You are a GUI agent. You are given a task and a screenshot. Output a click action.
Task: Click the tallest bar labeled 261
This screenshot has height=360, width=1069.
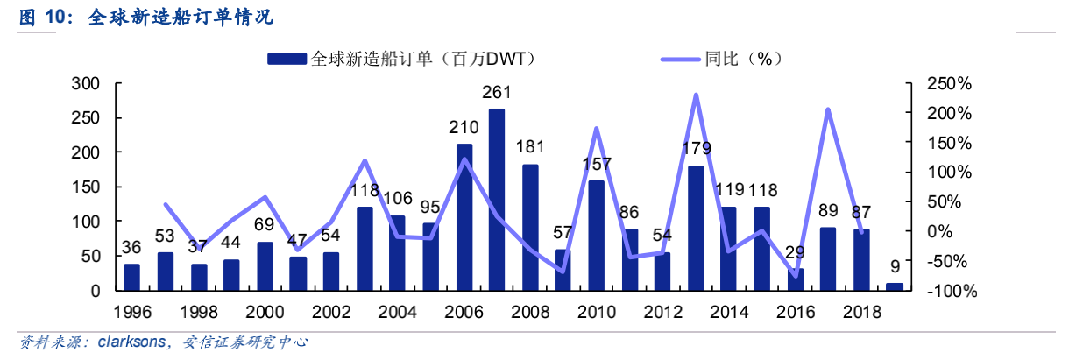pos(497,200)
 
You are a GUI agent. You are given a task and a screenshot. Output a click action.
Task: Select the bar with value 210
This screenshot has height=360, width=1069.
pos(464,217)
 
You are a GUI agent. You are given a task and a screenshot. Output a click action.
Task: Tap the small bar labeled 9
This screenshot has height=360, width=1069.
pos(895,286)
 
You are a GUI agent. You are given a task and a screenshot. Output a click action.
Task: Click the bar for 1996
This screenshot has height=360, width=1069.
pos(131,277)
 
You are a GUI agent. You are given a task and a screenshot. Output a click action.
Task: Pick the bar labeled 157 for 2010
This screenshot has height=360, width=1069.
pos(597,236)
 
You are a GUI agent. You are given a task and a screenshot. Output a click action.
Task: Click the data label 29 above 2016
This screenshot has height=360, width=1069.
pos(795,252)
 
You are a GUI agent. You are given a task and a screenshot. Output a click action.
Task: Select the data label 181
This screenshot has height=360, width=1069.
pos(531,146)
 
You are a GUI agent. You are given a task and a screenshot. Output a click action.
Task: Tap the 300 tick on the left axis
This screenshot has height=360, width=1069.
pos(88,84)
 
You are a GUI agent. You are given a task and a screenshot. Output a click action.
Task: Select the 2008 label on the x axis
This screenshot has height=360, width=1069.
pos(530,312)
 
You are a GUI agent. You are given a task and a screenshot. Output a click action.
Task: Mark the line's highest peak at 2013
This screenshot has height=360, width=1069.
pos(696,95)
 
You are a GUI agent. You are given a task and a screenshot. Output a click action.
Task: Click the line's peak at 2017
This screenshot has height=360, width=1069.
pos(828,109)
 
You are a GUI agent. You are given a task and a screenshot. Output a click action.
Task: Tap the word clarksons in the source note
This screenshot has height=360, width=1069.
pos(129,342)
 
